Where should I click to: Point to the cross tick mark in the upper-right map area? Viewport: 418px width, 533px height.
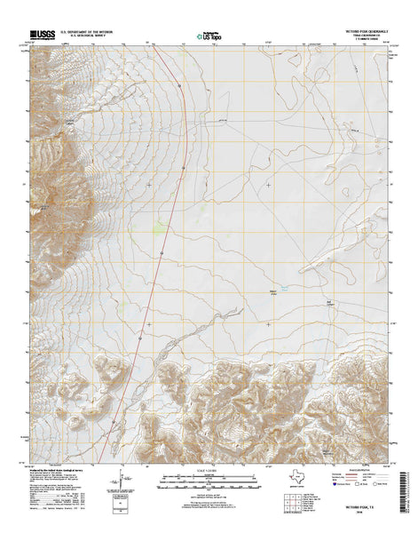click(269, 185)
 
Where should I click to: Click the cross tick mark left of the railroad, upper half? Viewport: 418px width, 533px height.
click(149, 185)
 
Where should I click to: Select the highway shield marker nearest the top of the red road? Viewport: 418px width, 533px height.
click(179, 85)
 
